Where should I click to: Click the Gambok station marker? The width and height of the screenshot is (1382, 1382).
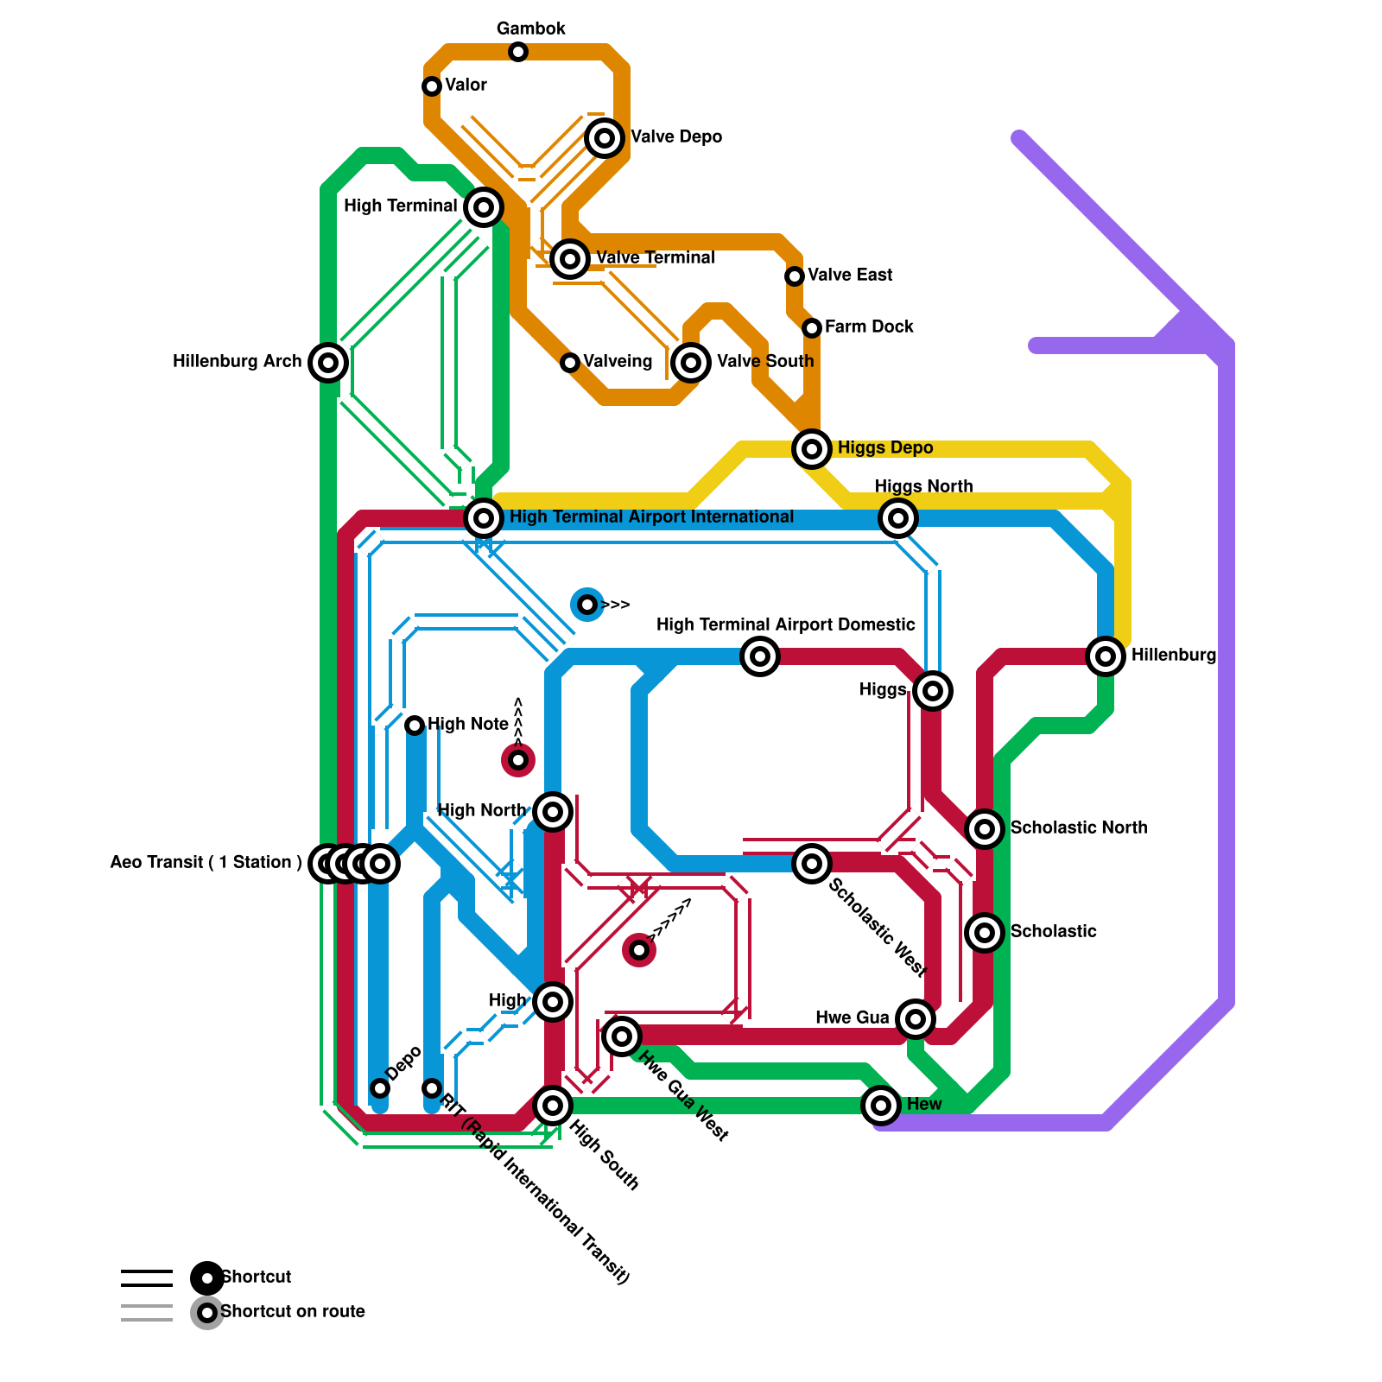pos(518,52)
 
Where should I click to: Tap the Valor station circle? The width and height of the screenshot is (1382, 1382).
pos(432,86)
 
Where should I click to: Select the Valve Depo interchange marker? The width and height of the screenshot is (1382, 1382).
pos(605,138)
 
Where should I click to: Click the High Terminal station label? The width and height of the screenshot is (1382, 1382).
pos(400,206)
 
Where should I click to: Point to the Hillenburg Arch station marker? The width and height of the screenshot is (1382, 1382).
pos(328,363)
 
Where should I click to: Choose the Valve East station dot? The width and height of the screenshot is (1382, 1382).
pos(795,276)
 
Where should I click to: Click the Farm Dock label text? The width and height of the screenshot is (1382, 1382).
pos(868,326)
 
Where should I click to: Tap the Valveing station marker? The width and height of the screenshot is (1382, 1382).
pos(570,363)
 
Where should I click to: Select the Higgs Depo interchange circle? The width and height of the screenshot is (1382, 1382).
pos(812,449)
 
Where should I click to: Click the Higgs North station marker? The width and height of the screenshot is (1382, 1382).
pos(898,518)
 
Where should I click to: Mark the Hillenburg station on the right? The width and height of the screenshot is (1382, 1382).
pos(1106,656)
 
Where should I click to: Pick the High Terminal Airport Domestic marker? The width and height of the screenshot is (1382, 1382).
pos(760,656)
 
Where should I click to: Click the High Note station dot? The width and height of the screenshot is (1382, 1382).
pos(415,726)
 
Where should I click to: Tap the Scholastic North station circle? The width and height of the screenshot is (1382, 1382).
pos(985,829)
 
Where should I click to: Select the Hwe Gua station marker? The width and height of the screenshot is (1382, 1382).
pos(916,1019)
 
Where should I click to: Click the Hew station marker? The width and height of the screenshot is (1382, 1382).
pos(881,1106)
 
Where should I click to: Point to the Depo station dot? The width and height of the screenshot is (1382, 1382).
pos(380,1088)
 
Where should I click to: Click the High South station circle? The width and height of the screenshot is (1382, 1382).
pos(553,1106)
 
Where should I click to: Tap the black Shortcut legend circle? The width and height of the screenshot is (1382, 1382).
pos(207,1278)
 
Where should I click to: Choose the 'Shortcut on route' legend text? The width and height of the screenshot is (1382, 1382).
pos(292,1311)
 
